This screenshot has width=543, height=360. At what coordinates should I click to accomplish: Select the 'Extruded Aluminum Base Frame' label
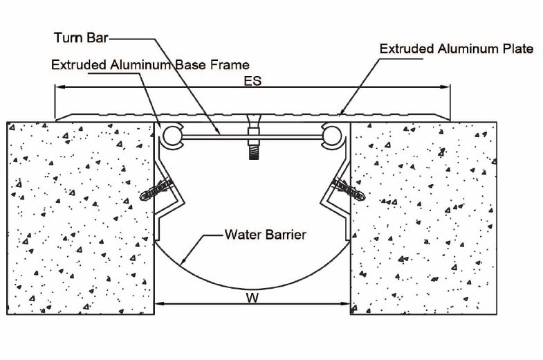(150, 65)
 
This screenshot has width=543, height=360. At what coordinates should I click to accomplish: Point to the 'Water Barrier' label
(266, 235)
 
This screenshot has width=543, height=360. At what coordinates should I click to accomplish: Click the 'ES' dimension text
(253, 81)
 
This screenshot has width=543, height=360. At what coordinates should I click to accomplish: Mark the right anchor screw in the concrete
(347, 187)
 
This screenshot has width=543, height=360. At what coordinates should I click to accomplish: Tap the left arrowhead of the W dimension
(158, 303)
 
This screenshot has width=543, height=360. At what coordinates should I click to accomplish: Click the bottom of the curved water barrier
(252, 289)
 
